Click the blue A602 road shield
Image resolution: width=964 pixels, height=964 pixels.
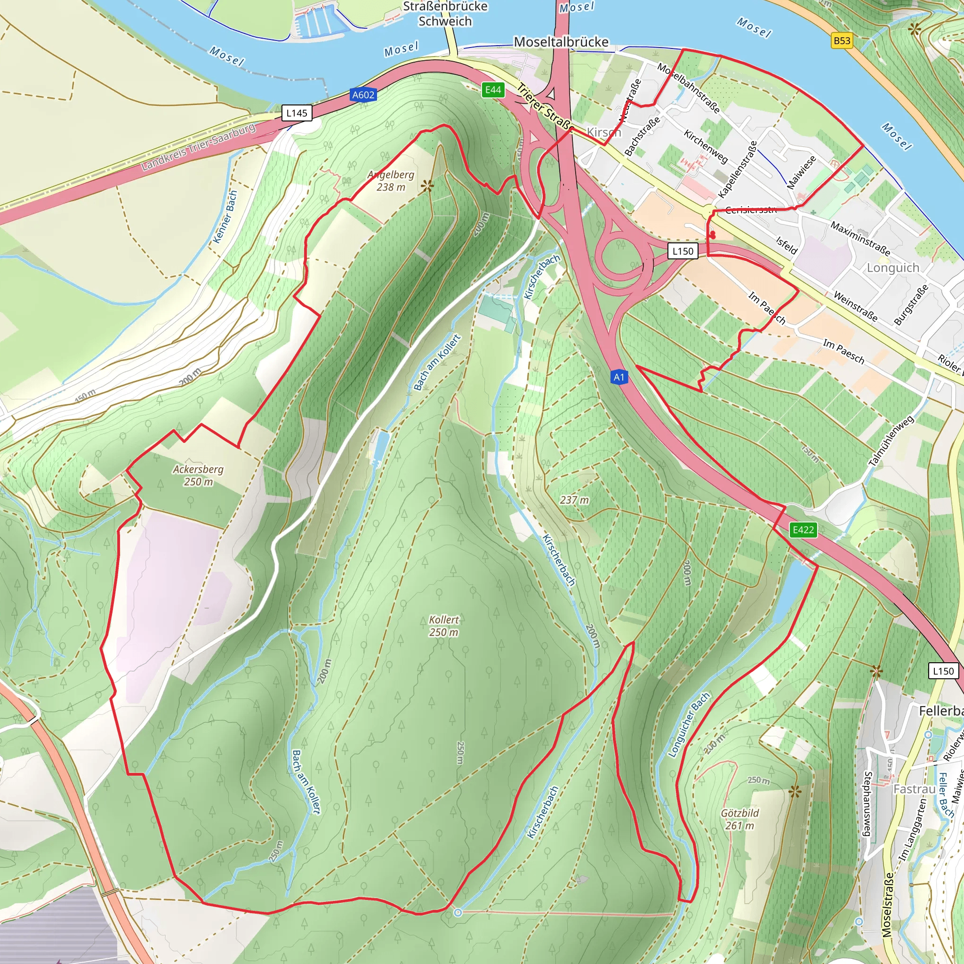click(363, 95)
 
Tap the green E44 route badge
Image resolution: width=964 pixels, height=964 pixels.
click(493, 89)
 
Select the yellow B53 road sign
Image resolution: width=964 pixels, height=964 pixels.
click(842, 40)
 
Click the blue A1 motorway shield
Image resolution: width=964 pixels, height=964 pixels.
click(619, 377)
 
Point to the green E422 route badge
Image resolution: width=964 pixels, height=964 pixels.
click(803, 530)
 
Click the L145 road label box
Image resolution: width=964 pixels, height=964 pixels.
click(297, 113)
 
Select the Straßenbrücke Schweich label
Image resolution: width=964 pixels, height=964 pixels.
click(445, 14)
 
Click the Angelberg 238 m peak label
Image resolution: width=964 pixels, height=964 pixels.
click(391, 181)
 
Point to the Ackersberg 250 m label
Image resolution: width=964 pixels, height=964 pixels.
click(198, 475)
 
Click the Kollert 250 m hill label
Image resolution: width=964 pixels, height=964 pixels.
click(443, 626)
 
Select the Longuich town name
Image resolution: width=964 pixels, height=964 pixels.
click(892, 268)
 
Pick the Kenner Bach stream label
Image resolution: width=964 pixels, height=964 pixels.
click(225, 217)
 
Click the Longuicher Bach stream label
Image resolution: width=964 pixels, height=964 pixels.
click(689, 725)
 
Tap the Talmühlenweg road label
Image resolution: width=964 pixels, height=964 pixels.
click(891, 441)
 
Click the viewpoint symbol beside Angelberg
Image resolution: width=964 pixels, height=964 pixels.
click(427, 186)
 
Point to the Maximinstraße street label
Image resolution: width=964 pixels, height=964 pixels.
click(860, 239)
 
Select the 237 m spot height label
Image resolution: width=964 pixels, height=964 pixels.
click(574, 499)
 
